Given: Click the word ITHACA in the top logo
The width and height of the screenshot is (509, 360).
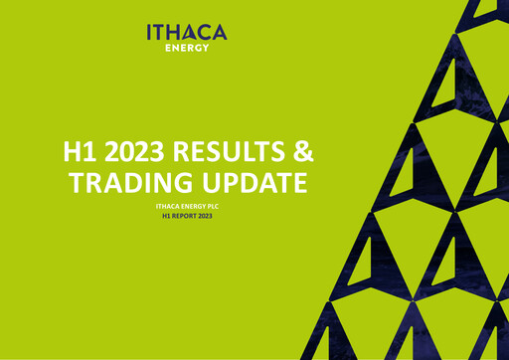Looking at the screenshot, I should (x=187, y=32).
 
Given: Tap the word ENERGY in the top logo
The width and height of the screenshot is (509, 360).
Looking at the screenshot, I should (x=187, y=46).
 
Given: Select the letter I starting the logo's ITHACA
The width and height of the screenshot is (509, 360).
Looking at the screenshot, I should (x=150, y=32).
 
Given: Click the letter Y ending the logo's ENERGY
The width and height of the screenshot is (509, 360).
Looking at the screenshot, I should (x=206, y=46).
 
